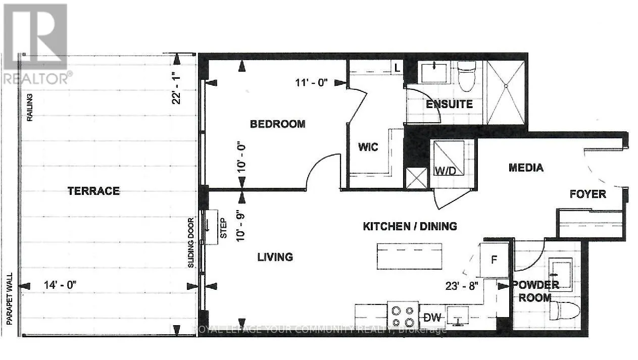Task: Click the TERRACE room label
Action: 93,191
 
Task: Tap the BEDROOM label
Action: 278,124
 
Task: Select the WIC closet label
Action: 368,147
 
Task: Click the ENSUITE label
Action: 449,105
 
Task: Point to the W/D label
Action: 445,170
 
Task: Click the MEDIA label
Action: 526,168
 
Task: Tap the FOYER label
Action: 587,194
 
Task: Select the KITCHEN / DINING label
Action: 410,226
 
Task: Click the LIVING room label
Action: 275,257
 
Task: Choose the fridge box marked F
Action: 495,260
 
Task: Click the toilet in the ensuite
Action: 466,72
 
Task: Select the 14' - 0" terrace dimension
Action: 60,285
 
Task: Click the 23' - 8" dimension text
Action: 461,285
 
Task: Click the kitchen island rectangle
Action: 409,256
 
